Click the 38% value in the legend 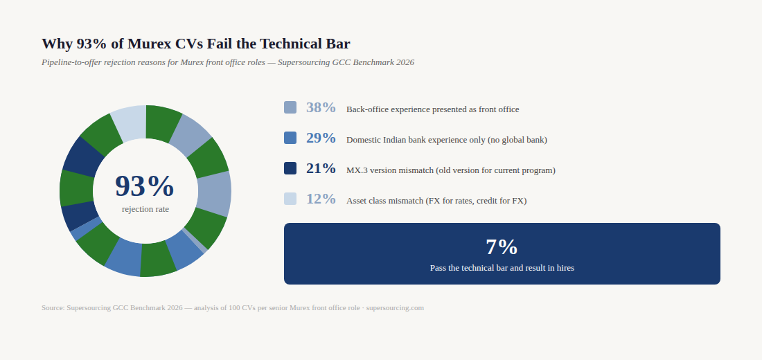(321, 108)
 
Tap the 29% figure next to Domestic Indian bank (321, 138)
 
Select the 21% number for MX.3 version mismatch (321, 169)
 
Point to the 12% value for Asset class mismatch (321, 199)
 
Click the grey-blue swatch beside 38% (290, 107)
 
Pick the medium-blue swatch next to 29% (290, 138)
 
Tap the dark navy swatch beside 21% (290, 168)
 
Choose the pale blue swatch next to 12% (290, 199)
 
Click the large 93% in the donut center (145, 186)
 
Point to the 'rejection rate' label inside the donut (145, 209)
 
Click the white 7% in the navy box (502, 247)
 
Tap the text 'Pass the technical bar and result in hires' (502, 268)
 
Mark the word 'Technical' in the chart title (287, 44)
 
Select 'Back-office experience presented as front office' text (432, 109)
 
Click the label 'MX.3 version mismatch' (390, 170)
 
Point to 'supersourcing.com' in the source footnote (395, 308)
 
